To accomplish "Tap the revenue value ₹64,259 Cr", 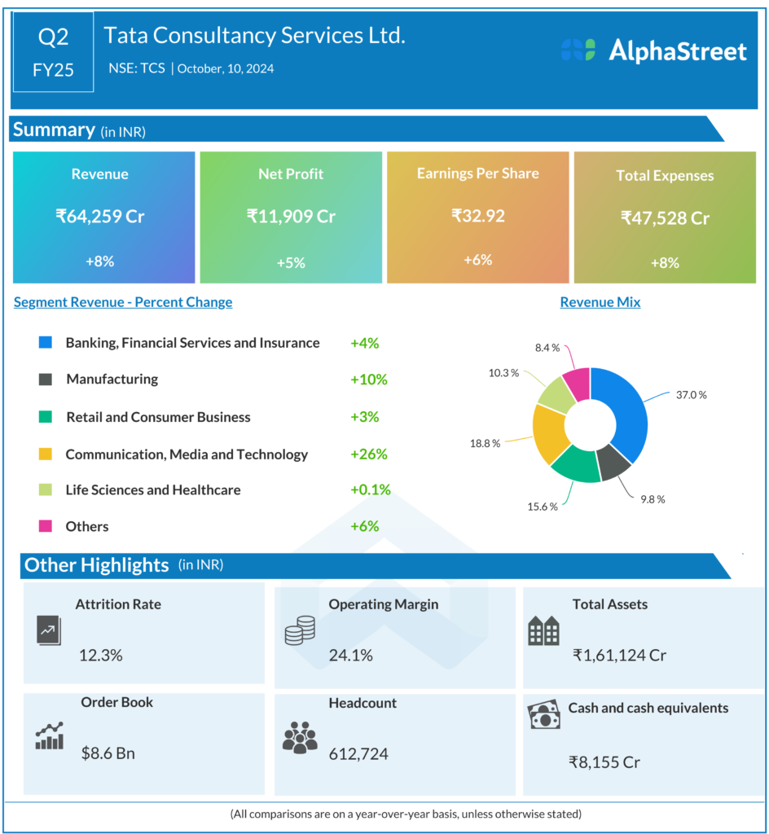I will pyautogui.click(x=100, y=217).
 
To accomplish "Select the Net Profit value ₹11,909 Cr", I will pyautogui.click(x=291, y=217).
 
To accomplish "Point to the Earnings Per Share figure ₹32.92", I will pyautogui.click(x=478, y=216).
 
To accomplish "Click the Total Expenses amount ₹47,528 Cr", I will pyautogui.click(x=665, y=217).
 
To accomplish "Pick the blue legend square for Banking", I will pyautogui.click(x=46, y=343).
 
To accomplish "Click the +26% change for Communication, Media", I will pyautogui.click(x=368, y=454).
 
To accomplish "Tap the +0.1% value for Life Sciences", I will pyautogui.click(x=371, y=490).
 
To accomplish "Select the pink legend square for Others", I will pyautogui.click(x=46, y=526).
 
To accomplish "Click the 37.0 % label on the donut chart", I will pyautogui.click(x=691, y=395).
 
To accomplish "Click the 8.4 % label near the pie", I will pyautogui.click(x=547, y=348).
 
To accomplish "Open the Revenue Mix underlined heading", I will pyautogui.click(x=600, y=302).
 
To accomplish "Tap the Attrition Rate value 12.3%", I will pyautogui.click(x=101, y=655).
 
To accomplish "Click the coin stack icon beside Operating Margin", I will pyautogui.click(x=300, y=630).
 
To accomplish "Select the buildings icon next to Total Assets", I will pyautogui.click(x=543, y=630).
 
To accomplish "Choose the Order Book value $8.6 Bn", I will pyautogui.click(x=108, y=753).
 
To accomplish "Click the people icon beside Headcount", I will pyautogui.click(x=300, y=736).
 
